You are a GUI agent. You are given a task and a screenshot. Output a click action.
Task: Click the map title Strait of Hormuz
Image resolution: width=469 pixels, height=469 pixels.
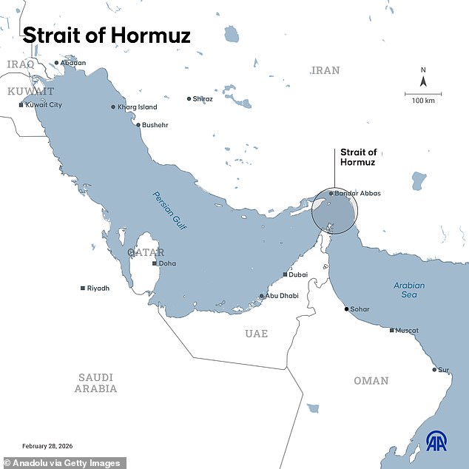[107, 35]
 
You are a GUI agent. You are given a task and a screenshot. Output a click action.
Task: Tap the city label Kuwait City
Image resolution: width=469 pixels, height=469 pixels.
[44, 105]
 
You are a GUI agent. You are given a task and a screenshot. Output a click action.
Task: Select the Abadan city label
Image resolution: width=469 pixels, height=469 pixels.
[72, 63]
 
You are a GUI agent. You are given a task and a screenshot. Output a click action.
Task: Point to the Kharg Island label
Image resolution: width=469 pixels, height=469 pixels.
[138, 107]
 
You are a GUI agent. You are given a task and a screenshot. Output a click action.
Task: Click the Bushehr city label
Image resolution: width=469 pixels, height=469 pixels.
[155, 125]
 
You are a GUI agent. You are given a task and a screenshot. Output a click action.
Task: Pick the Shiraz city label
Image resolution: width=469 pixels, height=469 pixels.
[203, 98]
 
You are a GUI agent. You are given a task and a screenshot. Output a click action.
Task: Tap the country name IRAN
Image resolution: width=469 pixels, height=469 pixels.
[325, 70]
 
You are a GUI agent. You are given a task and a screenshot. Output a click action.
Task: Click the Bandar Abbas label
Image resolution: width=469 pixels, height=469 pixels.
[357, 193]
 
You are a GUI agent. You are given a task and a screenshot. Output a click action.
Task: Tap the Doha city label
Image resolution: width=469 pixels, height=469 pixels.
[167, 263]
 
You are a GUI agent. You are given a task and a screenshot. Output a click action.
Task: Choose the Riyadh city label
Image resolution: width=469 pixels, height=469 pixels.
[98, 288]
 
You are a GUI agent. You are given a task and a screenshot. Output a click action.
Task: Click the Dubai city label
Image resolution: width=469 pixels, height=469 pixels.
[299, 274]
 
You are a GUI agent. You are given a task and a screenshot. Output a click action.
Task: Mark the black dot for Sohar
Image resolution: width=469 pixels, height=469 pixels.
[346, 308]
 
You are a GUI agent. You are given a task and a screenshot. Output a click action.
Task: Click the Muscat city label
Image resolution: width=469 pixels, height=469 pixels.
[407, 331]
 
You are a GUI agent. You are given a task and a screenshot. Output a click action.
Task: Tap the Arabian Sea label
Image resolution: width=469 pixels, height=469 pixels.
[409, 289]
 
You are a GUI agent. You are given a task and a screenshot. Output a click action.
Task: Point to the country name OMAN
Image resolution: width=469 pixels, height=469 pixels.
[371, 380]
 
